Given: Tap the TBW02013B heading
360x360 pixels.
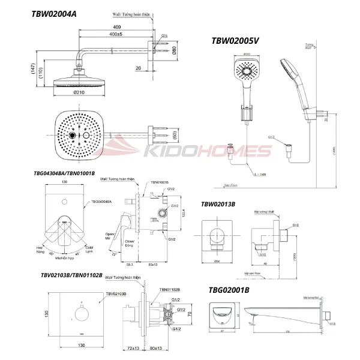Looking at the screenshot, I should [x=218, y=204].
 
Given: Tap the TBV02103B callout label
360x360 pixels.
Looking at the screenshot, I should [x=116, y=294].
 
